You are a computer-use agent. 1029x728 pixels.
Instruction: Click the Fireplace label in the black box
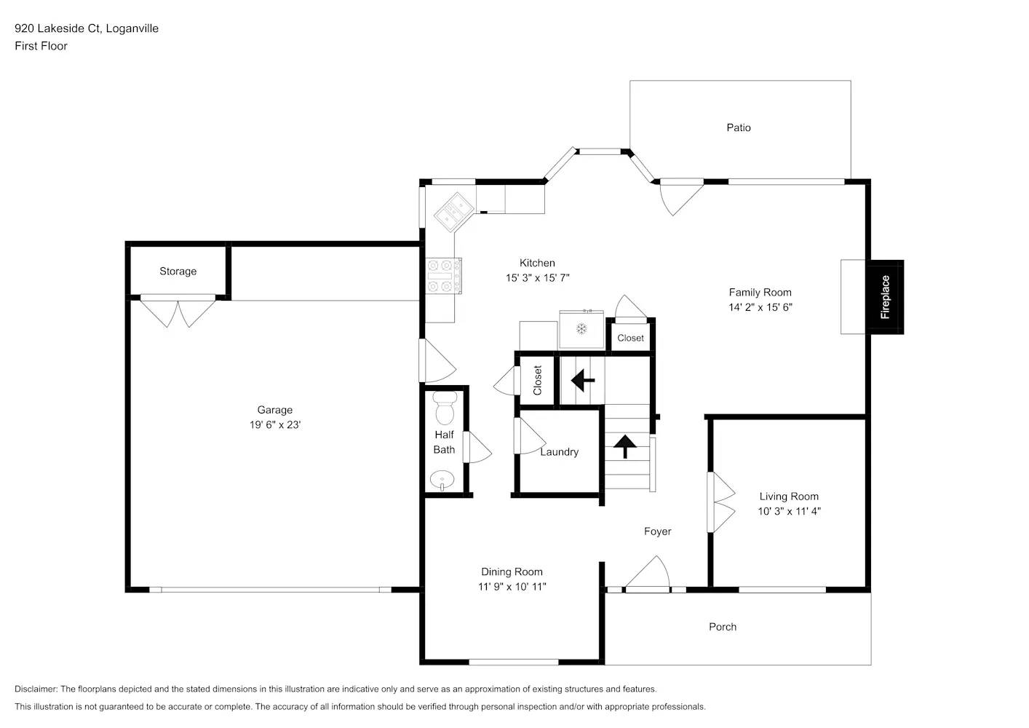coord(885,297)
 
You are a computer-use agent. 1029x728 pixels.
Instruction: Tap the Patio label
coord(738,127)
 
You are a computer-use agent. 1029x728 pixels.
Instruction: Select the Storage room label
coord(178,271)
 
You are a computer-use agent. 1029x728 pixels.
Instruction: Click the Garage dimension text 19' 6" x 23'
coord(275,424)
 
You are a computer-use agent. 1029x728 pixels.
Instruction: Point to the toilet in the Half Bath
coord(444,409)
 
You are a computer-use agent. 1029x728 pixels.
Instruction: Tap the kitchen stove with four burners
coord(443,276)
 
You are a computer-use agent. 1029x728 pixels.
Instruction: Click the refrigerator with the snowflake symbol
coord(581,330)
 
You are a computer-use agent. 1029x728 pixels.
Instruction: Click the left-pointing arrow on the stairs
coord(583,380)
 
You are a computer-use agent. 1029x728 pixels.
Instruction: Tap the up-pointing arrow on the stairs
coord(624,446)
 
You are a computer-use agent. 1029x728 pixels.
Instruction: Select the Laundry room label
coord(559,451)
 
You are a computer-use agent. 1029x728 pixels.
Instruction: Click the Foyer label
coord(657,531)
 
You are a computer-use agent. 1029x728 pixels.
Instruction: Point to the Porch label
coord(722,627)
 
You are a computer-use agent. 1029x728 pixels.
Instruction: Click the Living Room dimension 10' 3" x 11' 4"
coord(789,511)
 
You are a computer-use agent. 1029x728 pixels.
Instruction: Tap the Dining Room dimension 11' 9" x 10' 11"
coord(512,587)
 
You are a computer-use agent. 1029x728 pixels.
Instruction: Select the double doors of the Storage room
coord(178,311)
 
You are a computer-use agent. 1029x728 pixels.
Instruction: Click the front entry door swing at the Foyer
coord(647,574)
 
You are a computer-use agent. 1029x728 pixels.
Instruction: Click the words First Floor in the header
coord(41,46)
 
